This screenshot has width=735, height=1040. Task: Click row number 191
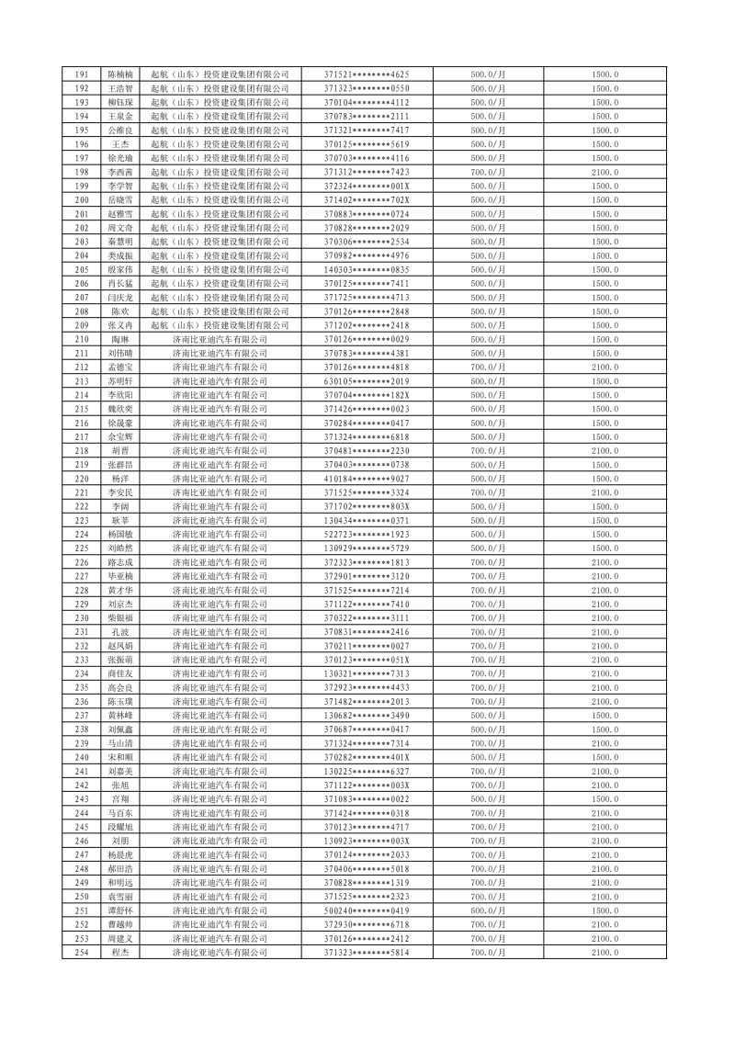click(82, 73)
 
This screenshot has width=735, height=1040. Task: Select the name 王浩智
click(120, 88)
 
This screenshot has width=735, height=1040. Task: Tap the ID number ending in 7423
click(367, 172)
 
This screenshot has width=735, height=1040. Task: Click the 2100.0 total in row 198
click(605, 172)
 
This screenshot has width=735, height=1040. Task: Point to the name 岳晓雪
click(120, 199)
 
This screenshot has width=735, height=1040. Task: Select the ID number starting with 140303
click(367, 269)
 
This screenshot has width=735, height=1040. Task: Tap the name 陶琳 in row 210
click(120, 339)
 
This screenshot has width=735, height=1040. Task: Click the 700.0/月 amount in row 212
click(488, 367)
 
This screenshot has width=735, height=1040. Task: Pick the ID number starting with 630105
click(367, 380)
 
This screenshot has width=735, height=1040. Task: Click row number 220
click(82, 479)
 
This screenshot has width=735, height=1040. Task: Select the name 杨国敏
click(120, 534)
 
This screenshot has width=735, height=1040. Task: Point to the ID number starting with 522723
click(367, 534)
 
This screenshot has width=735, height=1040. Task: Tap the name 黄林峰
click(120, 715)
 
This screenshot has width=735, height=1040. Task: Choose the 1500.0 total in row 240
click(605, 757)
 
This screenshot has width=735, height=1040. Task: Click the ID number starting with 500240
click(367, 910)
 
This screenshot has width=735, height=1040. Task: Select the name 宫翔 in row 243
click(120, 798)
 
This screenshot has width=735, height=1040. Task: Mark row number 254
click(82, 952)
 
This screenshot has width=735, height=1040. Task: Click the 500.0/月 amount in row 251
click(488, 910)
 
